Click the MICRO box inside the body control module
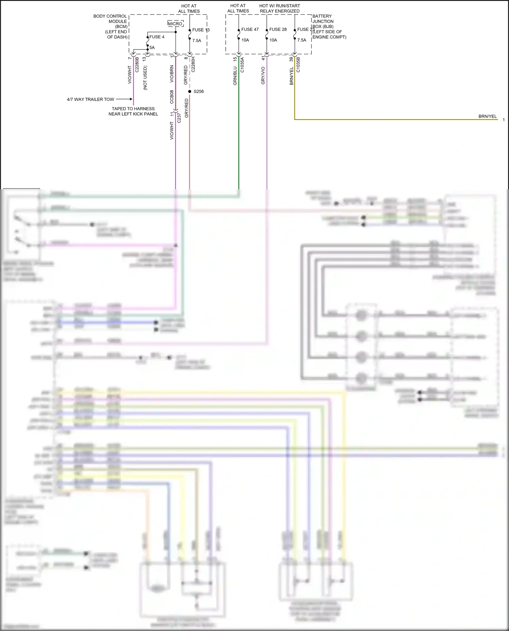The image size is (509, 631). click(x=175, y=24)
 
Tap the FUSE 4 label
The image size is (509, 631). click(x=157, y=37)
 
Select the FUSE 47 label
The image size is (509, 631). click(x=250, y=29)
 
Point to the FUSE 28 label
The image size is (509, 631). click(x=278, y=29)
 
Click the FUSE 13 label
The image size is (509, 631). click(x=201, y=30)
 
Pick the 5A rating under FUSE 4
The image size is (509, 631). click(x=152, y=47)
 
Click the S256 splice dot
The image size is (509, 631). click(x=190, y=92)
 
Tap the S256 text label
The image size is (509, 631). click(x=199, y=92)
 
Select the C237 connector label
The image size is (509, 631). click(x=179, y=118)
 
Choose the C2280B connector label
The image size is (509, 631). click(x=137, y=64)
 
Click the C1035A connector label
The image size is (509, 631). click(x=242, y=65)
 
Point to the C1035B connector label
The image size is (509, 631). click(x=298, y=65)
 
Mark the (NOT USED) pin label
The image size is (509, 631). click(x=145, y=78)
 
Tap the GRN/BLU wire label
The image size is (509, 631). click(x=235, y=76)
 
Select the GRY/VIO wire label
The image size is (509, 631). click(x=263, y=76)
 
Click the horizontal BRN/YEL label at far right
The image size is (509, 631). click(x=487, y=116)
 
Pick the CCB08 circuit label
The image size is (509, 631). click(x=172, y=97)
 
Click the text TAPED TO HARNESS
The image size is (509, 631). click(x=133, y=109)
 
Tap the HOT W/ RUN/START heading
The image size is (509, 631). click(x=280, y=6)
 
